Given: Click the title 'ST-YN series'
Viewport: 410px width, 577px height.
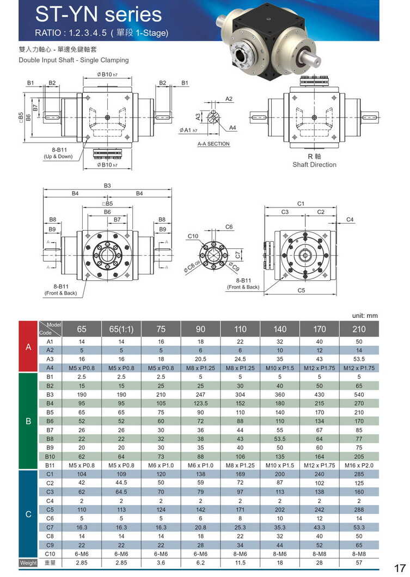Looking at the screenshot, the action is (x=98, y=14).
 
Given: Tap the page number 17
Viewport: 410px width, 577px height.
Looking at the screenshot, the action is (x=400, y=568).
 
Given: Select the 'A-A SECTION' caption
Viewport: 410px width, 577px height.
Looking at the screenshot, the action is (x=213, y=144).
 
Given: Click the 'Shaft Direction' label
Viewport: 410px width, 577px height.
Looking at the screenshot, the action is (x=314, y=164).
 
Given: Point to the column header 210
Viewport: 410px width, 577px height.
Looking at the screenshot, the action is (x=359, y=329).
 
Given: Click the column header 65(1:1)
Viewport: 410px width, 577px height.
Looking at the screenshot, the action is (x=121, y=329).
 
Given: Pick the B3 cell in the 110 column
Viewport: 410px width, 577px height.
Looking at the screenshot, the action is (x=240, y=395).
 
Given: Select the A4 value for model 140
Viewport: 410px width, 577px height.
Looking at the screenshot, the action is (x=280, y=368).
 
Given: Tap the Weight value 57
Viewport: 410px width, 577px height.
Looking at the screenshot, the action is (x=359, y=563).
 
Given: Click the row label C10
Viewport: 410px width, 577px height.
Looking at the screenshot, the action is (x=50, y=554).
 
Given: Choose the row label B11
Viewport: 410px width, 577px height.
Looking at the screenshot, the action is (x=50, y=465).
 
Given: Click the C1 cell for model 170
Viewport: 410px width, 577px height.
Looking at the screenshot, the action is (x=320, y=474).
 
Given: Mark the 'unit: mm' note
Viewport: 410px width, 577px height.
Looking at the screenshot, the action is (x=365, y=315).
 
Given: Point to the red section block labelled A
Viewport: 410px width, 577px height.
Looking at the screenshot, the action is (x=28, y=347).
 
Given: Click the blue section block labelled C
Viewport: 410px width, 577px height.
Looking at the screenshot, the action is (x=28, y=514).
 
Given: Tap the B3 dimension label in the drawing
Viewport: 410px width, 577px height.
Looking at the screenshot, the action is (x=107, y=186).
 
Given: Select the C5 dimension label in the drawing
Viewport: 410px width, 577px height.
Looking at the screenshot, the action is (x=301, y=290).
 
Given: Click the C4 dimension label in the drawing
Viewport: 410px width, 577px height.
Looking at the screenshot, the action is (x=350, y=220).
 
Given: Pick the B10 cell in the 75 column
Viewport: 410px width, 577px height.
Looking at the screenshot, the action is (x=161, y=456).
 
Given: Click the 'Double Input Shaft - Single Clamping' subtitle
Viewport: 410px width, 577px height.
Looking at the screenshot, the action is (x=74, y=60).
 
